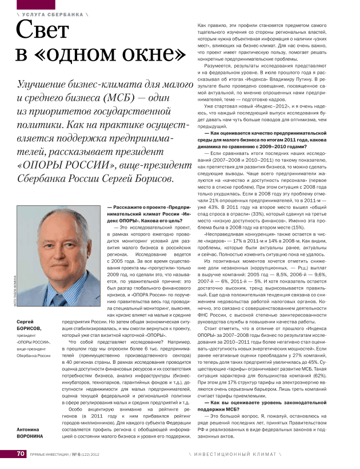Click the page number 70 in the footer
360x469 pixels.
[20, 454]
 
